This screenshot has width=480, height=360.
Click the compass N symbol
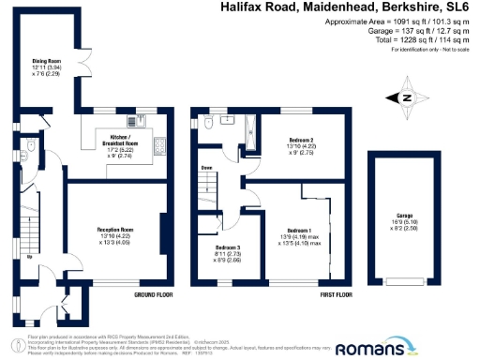(406, 97)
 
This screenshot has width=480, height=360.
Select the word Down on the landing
(205, 169)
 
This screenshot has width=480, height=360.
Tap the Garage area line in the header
(412, 29)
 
